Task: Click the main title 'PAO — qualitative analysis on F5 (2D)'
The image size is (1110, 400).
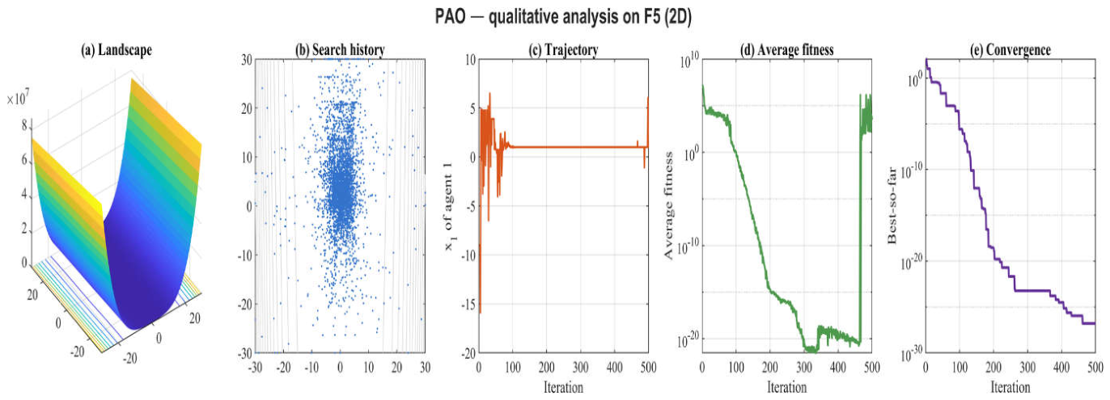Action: pyautogui.click(x=563, y=17)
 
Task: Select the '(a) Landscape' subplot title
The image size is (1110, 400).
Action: pyautogui.click(x=117, y=50)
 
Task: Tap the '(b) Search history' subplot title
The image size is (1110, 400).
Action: pyautogui.click(x=340, y=50)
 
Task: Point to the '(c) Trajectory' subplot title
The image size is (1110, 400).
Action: pyautogui.click(x=563, y=50)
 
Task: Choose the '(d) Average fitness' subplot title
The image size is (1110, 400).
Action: pyautogui.click(x=787, y=50)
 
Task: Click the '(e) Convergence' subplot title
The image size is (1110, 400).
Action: pyautogui.click(x=1010, y=50)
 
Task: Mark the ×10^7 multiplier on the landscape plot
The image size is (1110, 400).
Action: pyautogui.click(x=18, y=98)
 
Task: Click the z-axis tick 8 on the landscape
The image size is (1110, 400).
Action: pyautogui.click(x=24, y=126)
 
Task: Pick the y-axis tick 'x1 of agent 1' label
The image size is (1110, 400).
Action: pyautogui.click(x=448, y=206)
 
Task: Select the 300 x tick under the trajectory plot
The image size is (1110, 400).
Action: pyautogui.click(x=581, y=368)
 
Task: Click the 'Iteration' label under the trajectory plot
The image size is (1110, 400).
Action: pyautogui.click(x=563, y=386)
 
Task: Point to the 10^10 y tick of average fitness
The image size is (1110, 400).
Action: pyautogui.click(x=689, y=61)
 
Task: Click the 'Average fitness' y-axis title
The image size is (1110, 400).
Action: pyautogui.click(x=668, y=206)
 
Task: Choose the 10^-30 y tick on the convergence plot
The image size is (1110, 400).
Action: pyautogui.click(x=911, y=354)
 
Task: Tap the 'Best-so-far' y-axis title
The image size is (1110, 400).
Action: pyautogui.click(x=892, y=206)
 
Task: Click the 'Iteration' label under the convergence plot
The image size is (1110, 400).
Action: pyautogui.click(x=1010, y=386)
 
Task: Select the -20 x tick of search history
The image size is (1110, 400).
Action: pyautogui.click(x=283, y=368)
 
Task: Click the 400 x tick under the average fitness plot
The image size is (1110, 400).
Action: pyautogui.click(x=838, y=368)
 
